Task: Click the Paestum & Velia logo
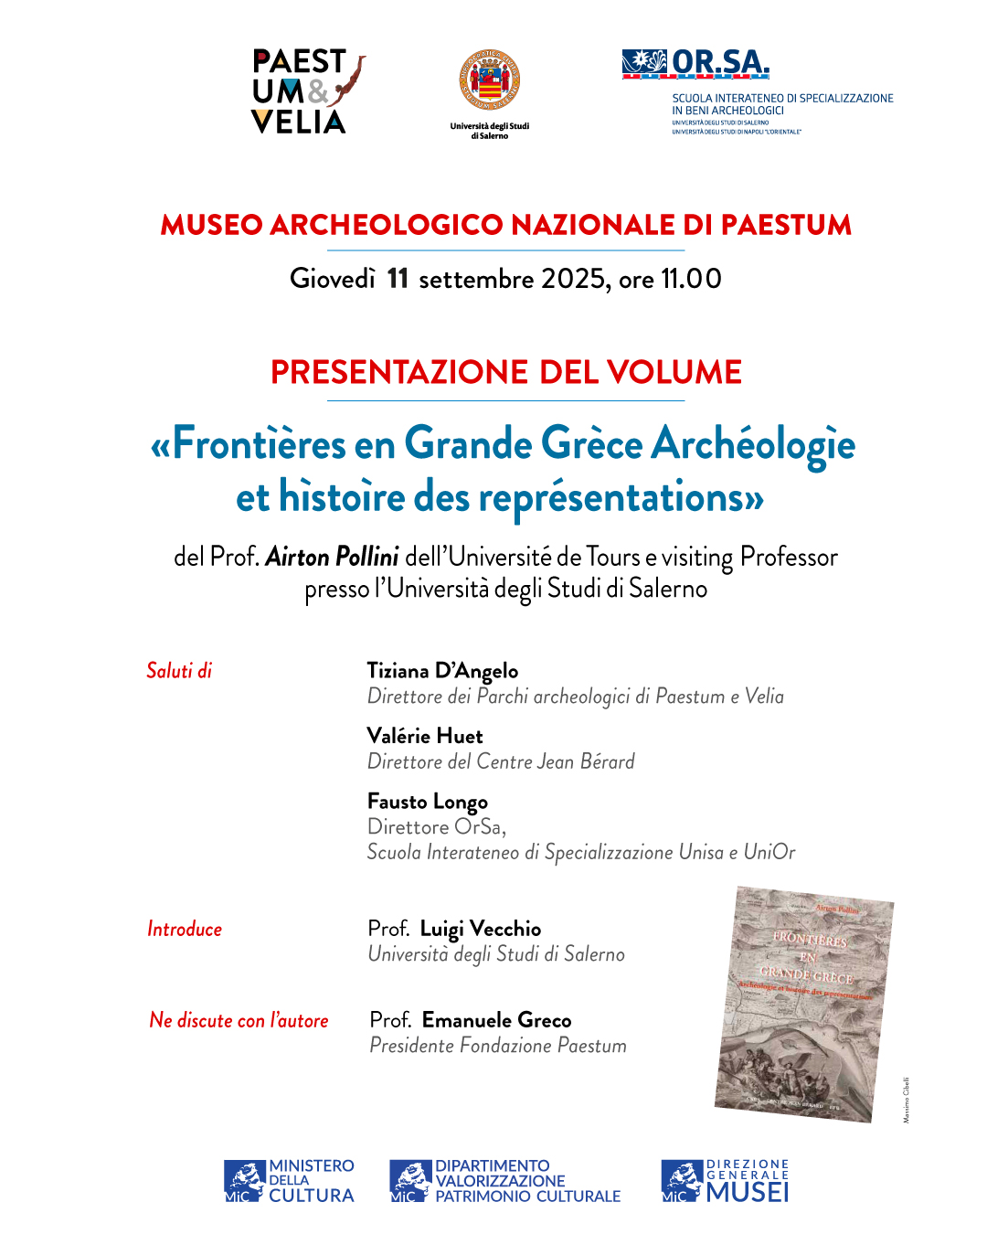307,92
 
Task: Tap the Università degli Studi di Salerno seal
490,81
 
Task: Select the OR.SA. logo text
720,62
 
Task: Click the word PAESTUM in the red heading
786,225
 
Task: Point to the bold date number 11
398,279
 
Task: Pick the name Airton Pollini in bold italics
332,557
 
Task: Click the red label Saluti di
179,671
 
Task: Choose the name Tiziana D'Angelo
442,671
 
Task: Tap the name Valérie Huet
425,736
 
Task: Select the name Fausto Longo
428,802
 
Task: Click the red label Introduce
185,930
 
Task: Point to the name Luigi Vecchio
481,930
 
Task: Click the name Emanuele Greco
497,1021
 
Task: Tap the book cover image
804,1004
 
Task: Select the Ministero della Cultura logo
289,1181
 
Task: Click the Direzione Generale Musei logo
725,1181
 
